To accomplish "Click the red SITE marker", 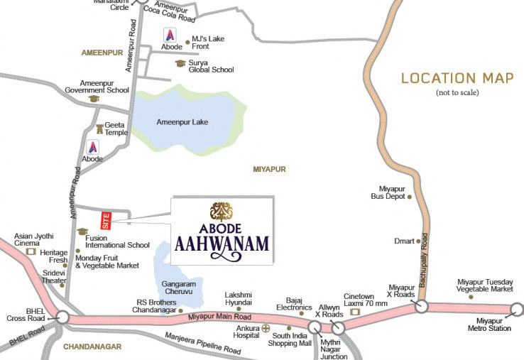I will [107, 219].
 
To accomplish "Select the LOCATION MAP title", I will [457, 78].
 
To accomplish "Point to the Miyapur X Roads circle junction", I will [421, 307].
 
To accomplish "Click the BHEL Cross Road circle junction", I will [62, 317].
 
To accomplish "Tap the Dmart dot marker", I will [417, 241].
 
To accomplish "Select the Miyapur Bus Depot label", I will [392, 192].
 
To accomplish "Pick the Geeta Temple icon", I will [99, 129].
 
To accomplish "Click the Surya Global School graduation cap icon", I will [180, 63].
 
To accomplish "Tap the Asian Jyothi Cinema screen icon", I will [31, 251].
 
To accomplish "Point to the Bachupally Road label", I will [424, 253].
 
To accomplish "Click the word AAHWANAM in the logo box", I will [222, 245].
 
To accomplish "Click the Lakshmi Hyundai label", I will [239, 298].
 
